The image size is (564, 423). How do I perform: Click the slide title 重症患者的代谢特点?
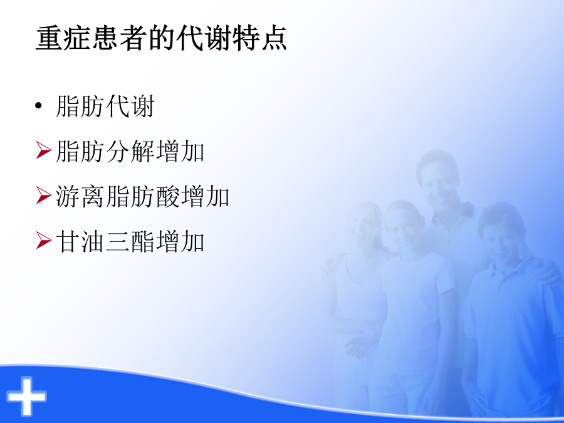(161, 38)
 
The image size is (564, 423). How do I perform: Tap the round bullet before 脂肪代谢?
(38, 106)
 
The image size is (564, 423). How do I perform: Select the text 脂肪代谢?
(105, 106)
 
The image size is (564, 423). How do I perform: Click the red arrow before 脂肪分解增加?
(43, 150)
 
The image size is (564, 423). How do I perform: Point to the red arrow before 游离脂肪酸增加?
(43, 196)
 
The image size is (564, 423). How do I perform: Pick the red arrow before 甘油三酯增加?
(43, 241)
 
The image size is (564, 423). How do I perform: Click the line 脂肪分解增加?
(130, 151)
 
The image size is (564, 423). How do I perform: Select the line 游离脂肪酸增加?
(143, 196)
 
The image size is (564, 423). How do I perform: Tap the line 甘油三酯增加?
(130, 241)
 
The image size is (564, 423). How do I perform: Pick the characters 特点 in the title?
(259, 38)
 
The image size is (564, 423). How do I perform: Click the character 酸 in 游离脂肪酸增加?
(167, 196)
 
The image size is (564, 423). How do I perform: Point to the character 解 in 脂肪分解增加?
(143, 151)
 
